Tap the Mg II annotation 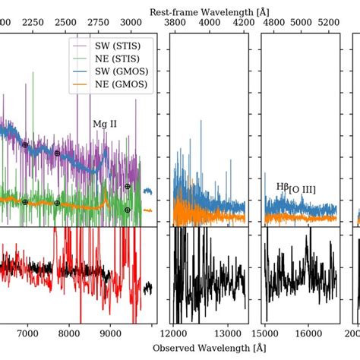(x=105, y=124)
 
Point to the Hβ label (x=283, y=185)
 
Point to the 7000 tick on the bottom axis (x=27, y=332)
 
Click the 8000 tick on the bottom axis (x=69, y=332)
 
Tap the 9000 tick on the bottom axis (x=110, y=332)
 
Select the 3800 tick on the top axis (x=175, y=24)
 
